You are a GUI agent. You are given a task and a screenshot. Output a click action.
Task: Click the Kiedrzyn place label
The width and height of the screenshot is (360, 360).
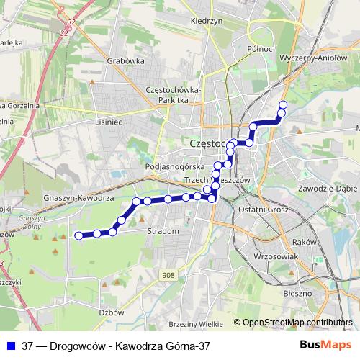[x=204, y=21]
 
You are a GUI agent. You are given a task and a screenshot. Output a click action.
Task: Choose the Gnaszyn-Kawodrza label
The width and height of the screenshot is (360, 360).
[x=78, y=197]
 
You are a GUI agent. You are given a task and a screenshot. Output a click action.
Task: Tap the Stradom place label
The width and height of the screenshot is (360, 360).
[x=162, y=231]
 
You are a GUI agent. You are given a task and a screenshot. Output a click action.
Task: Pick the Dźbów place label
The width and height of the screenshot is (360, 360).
[x=113, y=312]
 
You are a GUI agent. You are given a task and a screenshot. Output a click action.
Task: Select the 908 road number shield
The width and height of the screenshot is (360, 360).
[x=168, y=275]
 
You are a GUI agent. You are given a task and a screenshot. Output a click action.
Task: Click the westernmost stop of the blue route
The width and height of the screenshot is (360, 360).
[x=78, y=235]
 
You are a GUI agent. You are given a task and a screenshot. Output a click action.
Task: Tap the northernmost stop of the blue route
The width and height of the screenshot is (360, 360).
[x=282, y=105]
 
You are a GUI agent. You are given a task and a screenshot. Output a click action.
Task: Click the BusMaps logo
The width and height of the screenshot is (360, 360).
[x=325, y=346]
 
